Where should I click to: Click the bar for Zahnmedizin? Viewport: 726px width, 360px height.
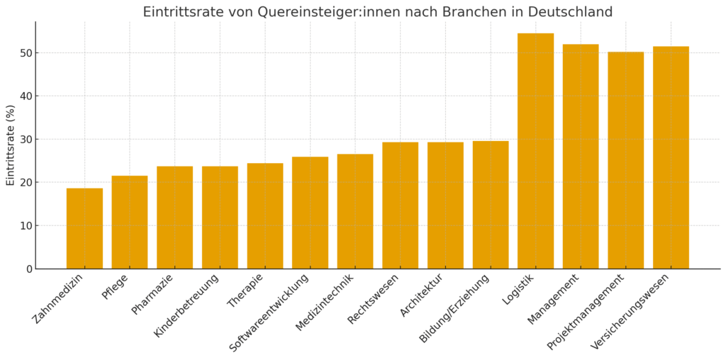click(x=84, y=228)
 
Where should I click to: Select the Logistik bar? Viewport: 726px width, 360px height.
click(x=535, y=151)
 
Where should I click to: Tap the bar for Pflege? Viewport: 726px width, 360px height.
click(x=130, y=222)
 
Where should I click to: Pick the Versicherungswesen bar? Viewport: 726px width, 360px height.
click(x=671, y=157)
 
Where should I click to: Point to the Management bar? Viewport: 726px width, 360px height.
click(x=581, y=156)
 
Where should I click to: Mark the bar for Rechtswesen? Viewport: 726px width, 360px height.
click(x=400, y=206)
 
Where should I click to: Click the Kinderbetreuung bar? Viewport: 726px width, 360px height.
click(x=220, y=218)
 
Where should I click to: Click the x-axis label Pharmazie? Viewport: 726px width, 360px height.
click(x=152, y=294)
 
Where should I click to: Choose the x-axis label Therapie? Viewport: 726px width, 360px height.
click(x=245, y=291)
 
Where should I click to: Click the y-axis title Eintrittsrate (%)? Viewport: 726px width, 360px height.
click(x=11, y=145)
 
